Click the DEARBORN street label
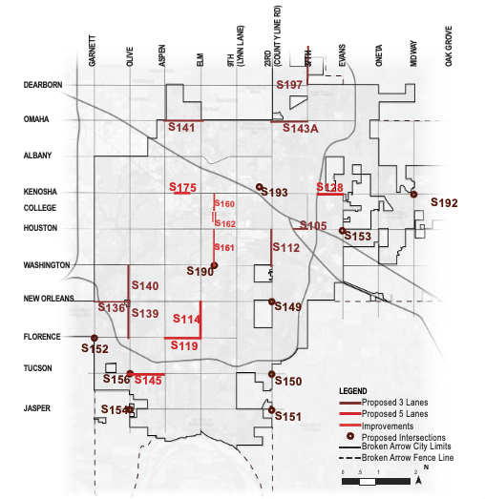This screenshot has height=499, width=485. pos(43,85)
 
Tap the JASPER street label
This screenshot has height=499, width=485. pos(37,408)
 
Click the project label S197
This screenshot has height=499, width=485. pos(289,85)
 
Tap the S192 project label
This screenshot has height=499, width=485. pos(444,202)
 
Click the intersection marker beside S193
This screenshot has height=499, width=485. pos(260,187)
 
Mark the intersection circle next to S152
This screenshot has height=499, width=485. pos(94,338)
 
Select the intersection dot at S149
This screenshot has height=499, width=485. pos(273,303)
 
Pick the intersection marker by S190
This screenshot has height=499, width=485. pos(214,266)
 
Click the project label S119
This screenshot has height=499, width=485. pos(183,345)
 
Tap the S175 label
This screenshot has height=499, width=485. pos(182,187)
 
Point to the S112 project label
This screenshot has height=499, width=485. pos(285,248)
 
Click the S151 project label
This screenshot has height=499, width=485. pos(287,416)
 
